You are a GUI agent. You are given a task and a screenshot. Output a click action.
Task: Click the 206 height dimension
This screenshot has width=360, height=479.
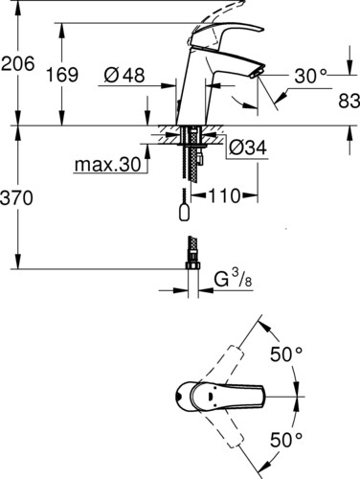[17, 63]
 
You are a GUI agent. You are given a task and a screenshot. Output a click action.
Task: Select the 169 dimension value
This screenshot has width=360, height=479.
[62, 75]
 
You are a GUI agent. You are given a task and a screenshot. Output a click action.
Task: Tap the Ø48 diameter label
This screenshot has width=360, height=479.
[124, 76]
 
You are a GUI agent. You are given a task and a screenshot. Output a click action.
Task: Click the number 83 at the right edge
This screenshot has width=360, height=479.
[349, 102]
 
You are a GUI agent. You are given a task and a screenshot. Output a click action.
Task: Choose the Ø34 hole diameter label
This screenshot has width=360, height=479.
[248, 148]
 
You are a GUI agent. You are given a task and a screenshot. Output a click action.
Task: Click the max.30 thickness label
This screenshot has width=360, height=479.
[107, 165]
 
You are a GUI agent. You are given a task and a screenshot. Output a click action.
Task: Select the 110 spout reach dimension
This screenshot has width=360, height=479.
[224, 195]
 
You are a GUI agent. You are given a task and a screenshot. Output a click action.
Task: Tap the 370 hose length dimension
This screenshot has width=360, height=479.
[16, 197]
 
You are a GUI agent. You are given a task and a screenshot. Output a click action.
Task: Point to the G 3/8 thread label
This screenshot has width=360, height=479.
[233, 279]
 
